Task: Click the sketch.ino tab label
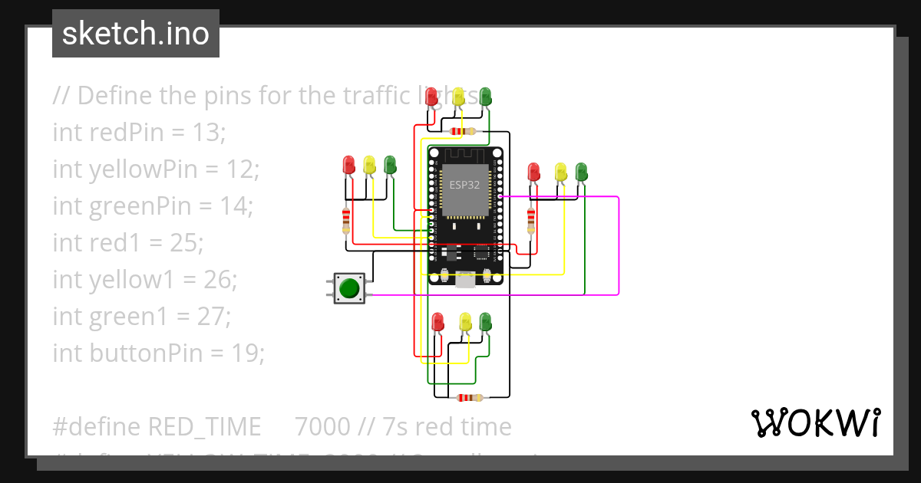coord(136,34)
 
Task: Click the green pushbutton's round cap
coord(349,288)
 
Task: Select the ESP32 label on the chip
coord(464,185)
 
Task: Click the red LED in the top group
coord(431,97)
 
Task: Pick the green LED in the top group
coord(485,97)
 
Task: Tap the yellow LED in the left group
coord(369,164)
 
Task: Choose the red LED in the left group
coord(348,164)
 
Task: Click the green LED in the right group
coord(582,171)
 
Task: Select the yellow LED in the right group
coord(561,171)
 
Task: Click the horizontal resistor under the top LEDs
coord(463,131)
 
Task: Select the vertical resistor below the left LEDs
coord(346,221)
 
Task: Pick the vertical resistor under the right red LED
coord(531,221)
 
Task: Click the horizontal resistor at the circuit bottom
coord(469,397)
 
